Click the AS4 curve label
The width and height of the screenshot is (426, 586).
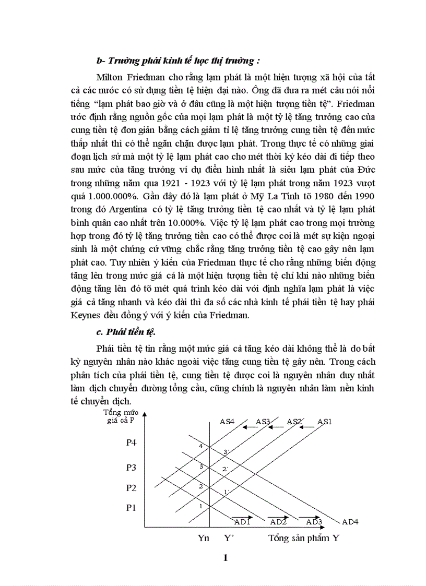227,422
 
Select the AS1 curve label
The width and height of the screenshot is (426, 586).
324,422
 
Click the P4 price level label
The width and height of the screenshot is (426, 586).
132,443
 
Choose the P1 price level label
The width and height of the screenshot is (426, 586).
132,507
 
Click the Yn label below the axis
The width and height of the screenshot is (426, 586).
204,539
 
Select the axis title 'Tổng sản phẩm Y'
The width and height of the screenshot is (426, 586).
303,539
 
